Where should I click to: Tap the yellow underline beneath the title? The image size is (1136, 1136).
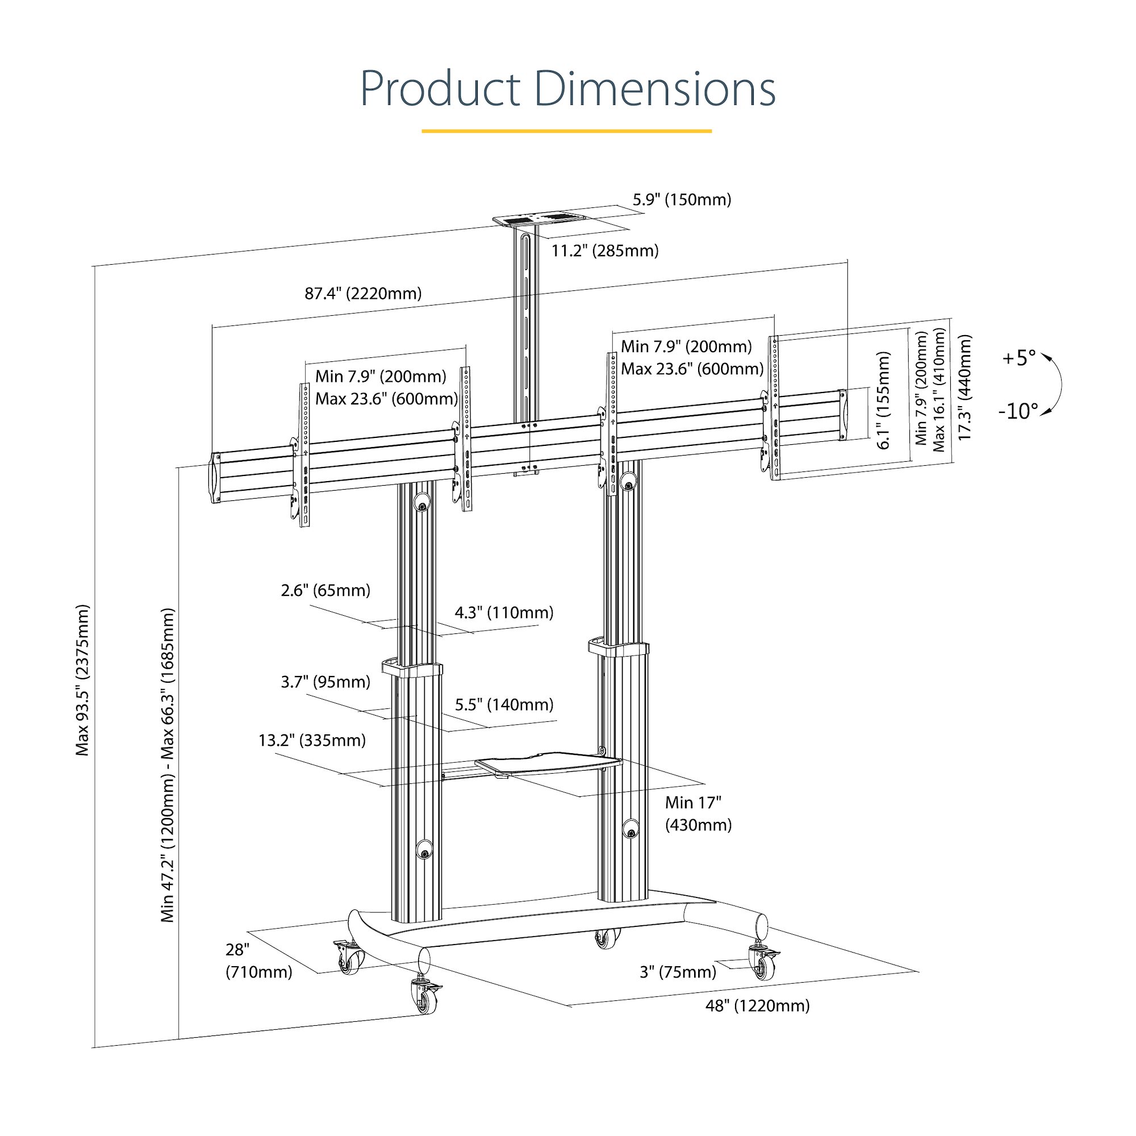(x=566, y=131)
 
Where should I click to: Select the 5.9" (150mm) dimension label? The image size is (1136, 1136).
(x=682, y=200)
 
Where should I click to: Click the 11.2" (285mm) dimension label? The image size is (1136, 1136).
(x=604, y=251)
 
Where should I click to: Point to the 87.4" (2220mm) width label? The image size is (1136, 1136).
(x=363, y=294)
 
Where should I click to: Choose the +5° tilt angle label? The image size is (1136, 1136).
(x=1018, y=357)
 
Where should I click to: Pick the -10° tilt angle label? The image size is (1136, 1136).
(x=1018, y=411)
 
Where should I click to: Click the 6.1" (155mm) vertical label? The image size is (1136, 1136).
(x=883, y=400)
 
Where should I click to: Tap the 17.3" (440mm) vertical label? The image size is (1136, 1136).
(x=965, y=387)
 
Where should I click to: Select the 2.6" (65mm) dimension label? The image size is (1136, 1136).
(x=325, y=590)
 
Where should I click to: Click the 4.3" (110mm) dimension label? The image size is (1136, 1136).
(x=504, y=613)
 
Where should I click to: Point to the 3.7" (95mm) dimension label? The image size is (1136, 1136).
(x=325, y=682)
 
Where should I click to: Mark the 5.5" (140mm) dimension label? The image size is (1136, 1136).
(x=504, y=704)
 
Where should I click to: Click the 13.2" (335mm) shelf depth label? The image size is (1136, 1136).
(x=312, y=740)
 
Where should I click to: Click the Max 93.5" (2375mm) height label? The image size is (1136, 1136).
(x=82, y=679)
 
